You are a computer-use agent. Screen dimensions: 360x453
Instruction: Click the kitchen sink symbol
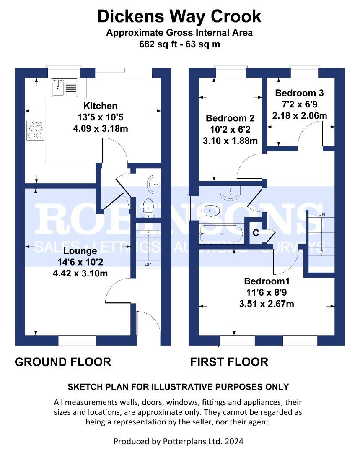click(x=64, y=87)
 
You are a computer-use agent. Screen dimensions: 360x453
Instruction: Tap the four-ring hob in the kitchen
click(x=35, y=130)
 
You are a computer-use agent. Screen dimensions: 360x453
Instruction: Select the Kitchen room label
click(x=101, y=106)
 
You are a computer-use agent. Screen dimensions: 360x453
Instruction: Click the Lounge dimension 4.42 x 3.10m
click(x=80, y=273)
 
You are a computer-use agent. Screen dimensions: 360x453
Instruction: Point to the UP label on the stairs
click(x=148, y=264)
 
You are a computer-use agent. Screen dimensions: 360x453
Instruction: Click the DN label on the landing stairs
click(x=321, y=214)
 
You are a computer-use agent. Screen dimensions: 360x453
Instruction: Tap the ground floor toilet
click(x=149, y=207)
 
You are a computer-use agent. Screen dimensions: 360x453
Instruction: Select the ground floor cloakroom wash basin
click(x=155, y=184)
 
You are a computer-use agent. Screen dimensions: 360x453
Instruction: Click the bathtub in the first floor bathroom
click(x=222, y=234)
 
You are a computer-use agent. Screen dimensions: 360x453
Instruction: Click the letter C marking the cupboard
click(x=256, y=233)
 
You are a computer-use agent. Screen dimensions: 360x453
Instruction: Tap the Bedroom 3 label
click(x=299, y=93)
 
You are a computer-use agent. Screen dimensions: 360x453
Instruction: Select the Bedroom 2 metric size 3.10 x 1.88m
click(x=230, y=141)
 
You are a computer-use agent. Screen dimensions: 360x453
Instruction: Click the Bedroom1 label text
click(x=267, y=281)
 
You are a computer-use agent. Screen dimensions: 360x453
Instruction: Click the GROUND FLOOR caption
click(x=63, y=362)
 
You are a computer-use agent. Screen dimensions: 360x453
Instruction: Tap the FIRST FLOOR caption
click(x=229, y=362)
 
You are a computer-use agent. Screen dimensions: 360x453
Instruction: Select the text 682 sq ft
click(x=158, y=44)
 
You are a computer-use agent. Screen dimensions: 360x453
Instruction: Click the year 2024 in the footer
click(x=234, y=441)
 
